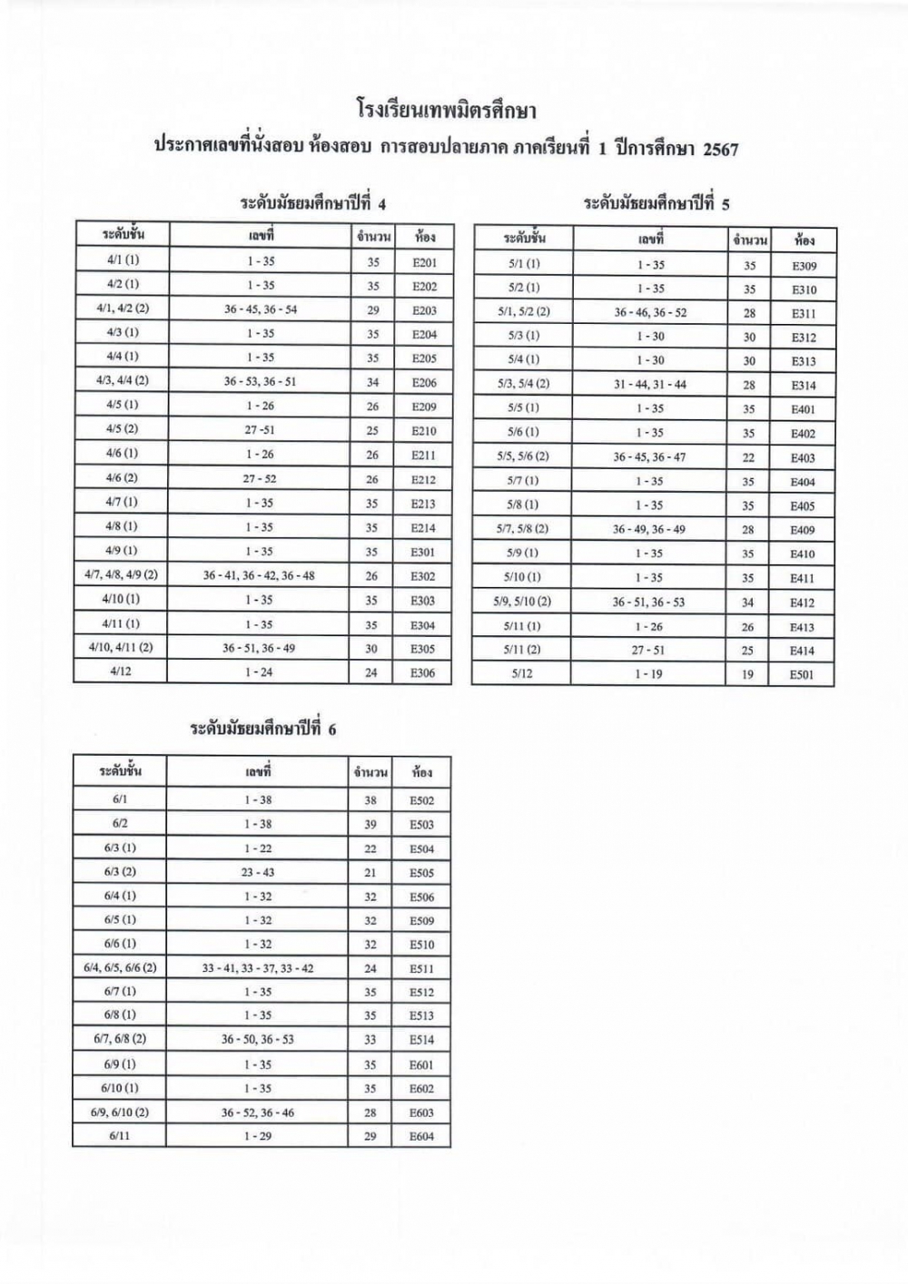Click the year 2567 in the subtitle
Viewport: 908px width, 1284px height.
coord(720,150)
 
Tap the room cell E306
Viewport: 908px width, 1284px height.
coord(423,673)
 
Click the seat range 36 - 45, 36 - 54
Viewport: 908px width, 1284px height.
coord(261,309)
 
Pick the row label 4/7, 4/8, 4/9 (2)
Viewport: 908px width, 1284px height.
coord(122,575)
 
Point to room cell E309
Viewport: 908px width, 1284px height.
coord(804,266)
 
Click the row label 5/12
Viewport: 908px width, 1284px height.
coord(522,674)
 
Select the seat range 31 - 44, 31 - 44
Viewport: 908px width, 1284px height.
coord(650,385)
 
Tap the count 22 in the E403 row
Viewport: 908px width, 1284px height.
coord(748,458)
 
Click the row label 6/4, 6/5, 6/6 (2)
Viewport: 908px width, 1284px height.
coord(120,968)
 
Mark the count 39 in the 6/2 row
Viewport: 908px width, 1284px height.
coord(370,825)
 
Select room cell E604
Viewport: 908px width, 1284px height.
coord(422,1136)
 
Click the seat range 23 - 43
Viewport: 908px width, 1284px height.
coord(258,873)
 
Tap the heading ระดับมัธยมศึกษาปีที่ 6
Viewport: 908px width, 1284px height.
coord(262,730)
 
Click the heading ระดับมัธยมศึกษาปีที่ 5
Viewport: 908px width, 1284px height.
coord(656,203)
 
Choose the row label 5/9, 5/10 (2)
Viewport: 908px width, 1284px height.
coord(524,602)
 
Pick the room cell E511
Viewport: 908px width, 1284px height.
coord(422,969)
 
